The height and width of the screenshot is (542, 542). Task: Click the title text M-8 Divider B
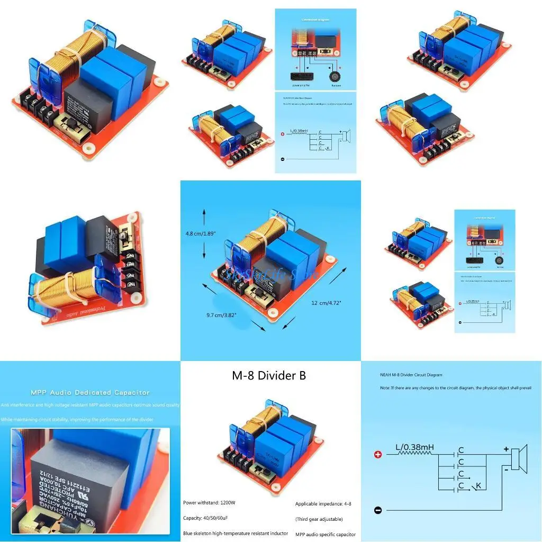point(269,376)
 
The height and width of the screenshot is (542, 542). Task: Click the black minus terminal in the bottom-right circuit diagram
point(378,510)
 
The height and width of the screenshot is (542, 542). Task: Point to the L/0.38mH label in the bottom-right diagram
point(414,447)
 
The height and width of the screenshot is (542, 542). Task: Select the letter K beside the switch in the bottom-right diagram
point(478,485)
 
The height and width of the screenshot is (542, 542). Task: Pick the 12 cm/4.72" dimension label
point(326,303)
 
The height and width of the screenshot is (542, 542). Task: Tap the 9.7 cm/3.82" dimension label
point(221,315)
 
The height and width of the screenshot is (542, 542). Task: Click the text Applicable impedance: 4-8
point(323,503)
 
